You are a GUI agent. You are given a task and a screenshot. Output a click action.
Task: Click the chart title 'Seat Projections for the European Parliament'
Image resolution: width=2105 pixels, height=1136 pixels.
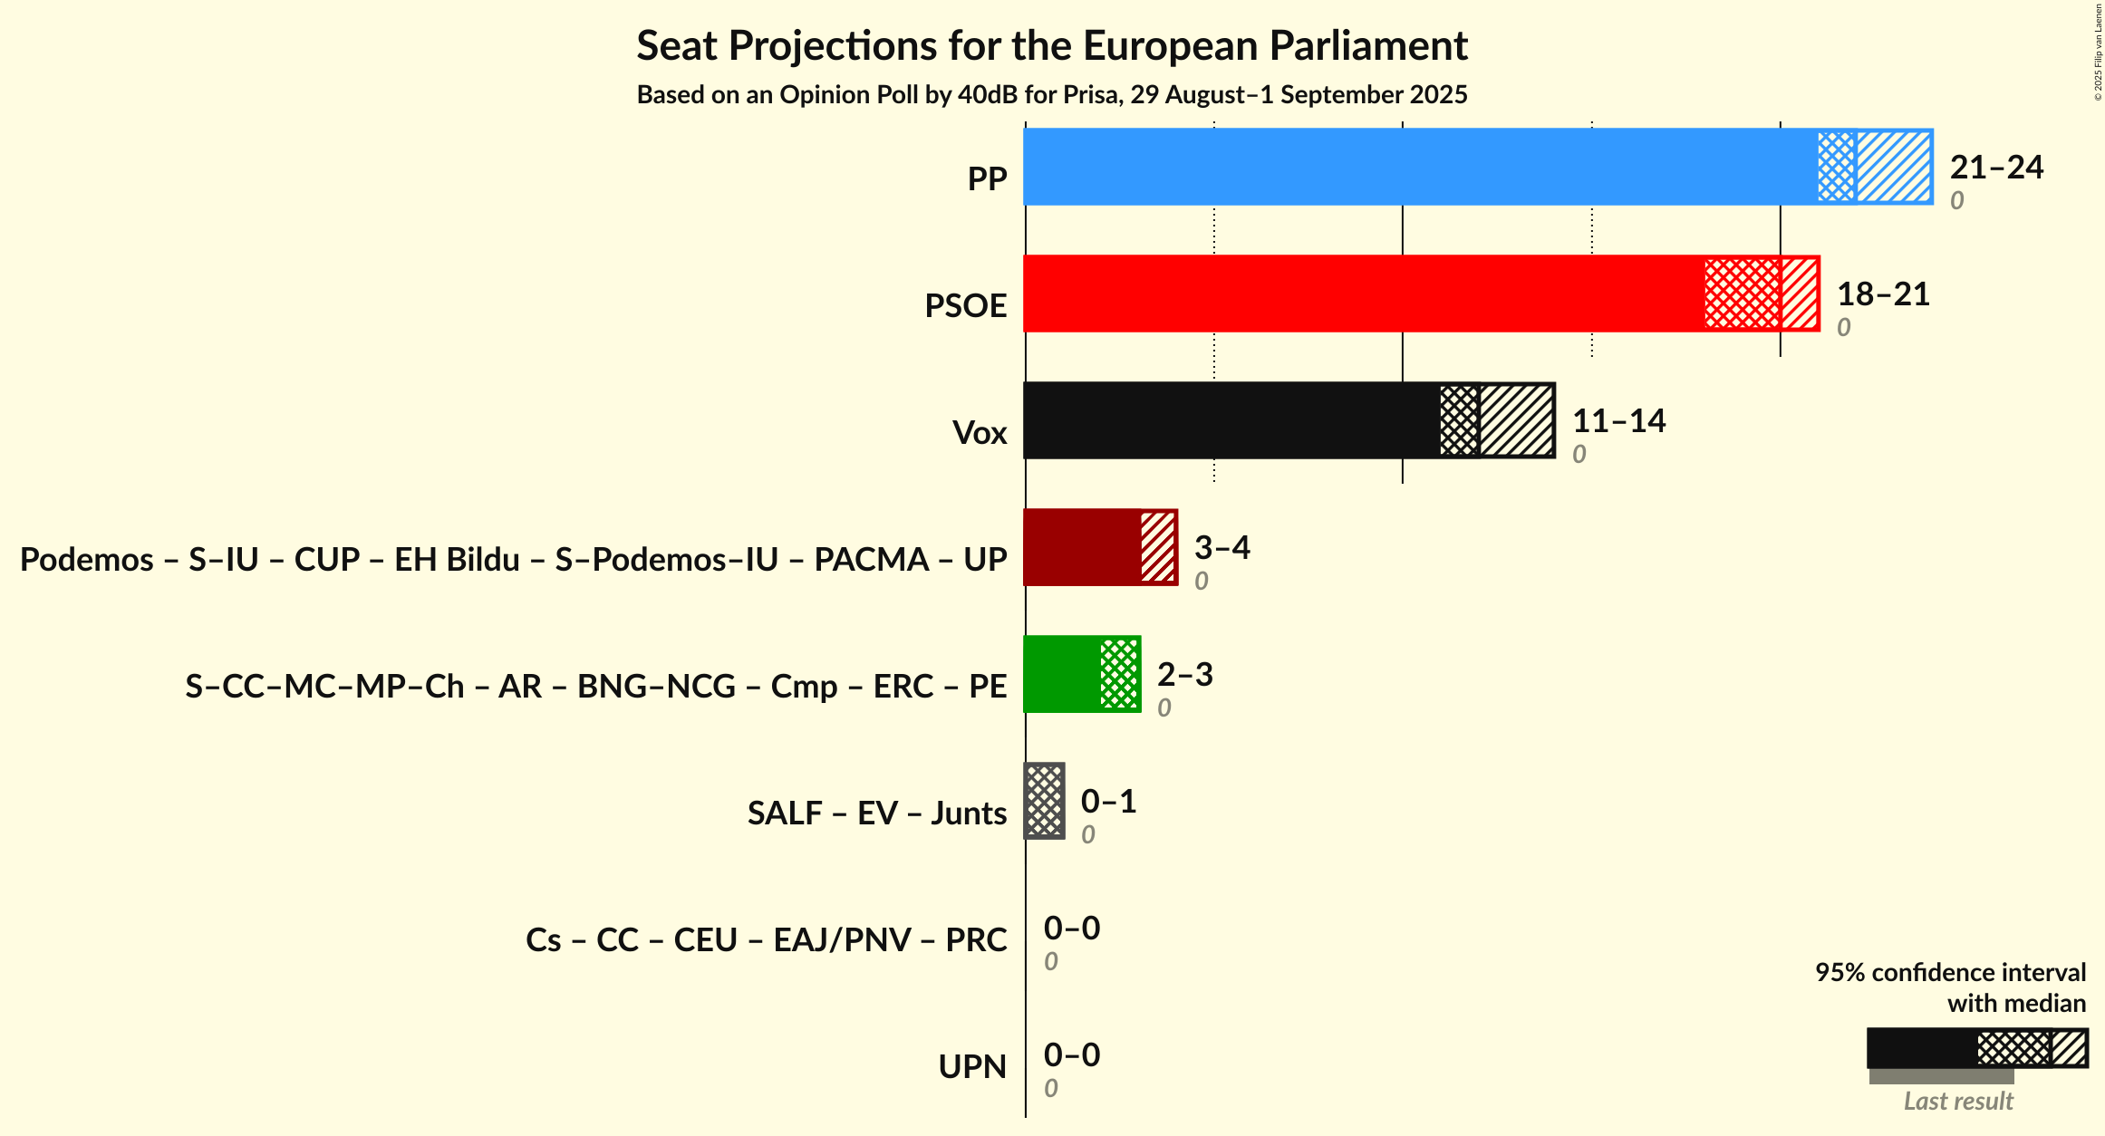pos(1052,45)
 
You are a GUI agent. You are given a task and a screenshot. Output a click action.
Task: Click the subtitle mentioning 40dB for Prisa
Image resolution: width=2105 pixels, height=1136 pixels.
pos(1052,95)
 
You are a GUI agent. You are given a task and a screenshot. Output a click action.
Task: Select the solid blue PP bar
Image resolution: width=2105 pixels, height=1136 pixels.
pos(1421,167)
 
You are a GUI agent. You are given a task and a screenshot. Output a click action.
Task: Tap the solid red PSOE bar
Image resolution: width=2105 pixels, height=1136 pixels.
pos(1364,294)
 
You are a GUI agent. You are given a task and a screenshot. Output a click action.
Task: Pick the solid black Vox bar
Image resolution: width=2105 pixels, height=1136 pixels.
pos(1232,420)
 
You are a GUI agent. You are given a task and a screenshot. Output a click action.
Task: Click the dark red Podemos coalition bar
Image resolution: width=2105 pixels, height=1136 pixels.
pos(1082,547)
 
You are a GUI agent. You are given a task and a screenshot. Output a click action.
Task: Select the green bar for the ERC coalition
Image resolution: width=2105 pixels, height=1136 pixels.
pos(1062,674)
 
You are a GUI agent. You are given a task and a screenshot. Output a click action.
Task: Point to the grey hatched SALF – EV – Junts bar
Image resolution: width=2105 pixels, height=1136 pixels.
pos(1044,801)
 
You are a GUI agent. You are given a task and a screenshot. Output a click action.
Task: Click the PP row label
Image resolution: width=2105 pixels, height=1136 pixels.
pos(987,178)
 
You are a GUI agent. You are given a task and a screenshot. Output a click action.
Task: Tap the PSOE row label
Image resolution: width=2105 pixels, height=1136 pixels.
pos(965,305)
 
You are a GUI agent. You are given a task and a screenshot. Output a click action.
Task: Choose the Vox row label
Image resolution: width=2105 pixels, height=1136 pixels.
pos(980,432)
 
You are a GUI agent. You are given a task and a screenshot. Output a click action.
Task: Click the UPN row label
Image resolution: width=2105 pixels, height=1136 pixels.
pos(972,1066)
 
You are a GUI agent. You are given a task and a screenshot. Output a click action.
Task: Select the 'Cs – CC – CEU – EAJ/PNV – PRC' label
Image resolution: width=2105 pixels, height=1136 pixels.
pos(766,939)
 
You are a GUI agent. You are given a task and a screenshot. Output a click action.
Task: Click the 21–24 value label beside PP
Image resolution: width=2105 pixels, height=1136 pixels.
pos(1996,167)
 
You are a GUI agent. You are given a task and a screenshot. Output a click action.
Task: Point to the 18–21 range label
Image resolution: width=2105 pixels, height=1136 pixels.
pos(1883,294)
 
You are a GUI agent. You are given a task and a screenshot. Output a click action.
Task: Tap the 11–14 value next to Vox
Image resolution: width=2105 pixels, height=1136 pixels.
pos(1618,420)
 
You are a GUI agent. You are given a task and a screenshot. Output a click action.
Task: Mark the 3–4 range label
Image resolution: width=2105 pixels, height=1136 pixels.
pos(1221,547)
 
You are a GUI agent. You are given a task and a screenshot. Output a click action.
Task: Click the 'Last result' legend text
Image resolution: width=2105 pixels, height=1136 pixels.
pos(1958,1101)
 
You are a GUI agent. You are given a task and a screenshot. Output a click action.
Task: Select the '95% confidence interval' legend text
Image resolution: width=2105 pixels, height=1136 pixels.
pos(1950,972)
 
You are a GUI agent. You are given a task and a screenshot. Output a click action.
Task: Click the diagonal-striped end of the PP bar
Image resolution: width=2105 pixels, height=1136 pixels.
pos(1894,167)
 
